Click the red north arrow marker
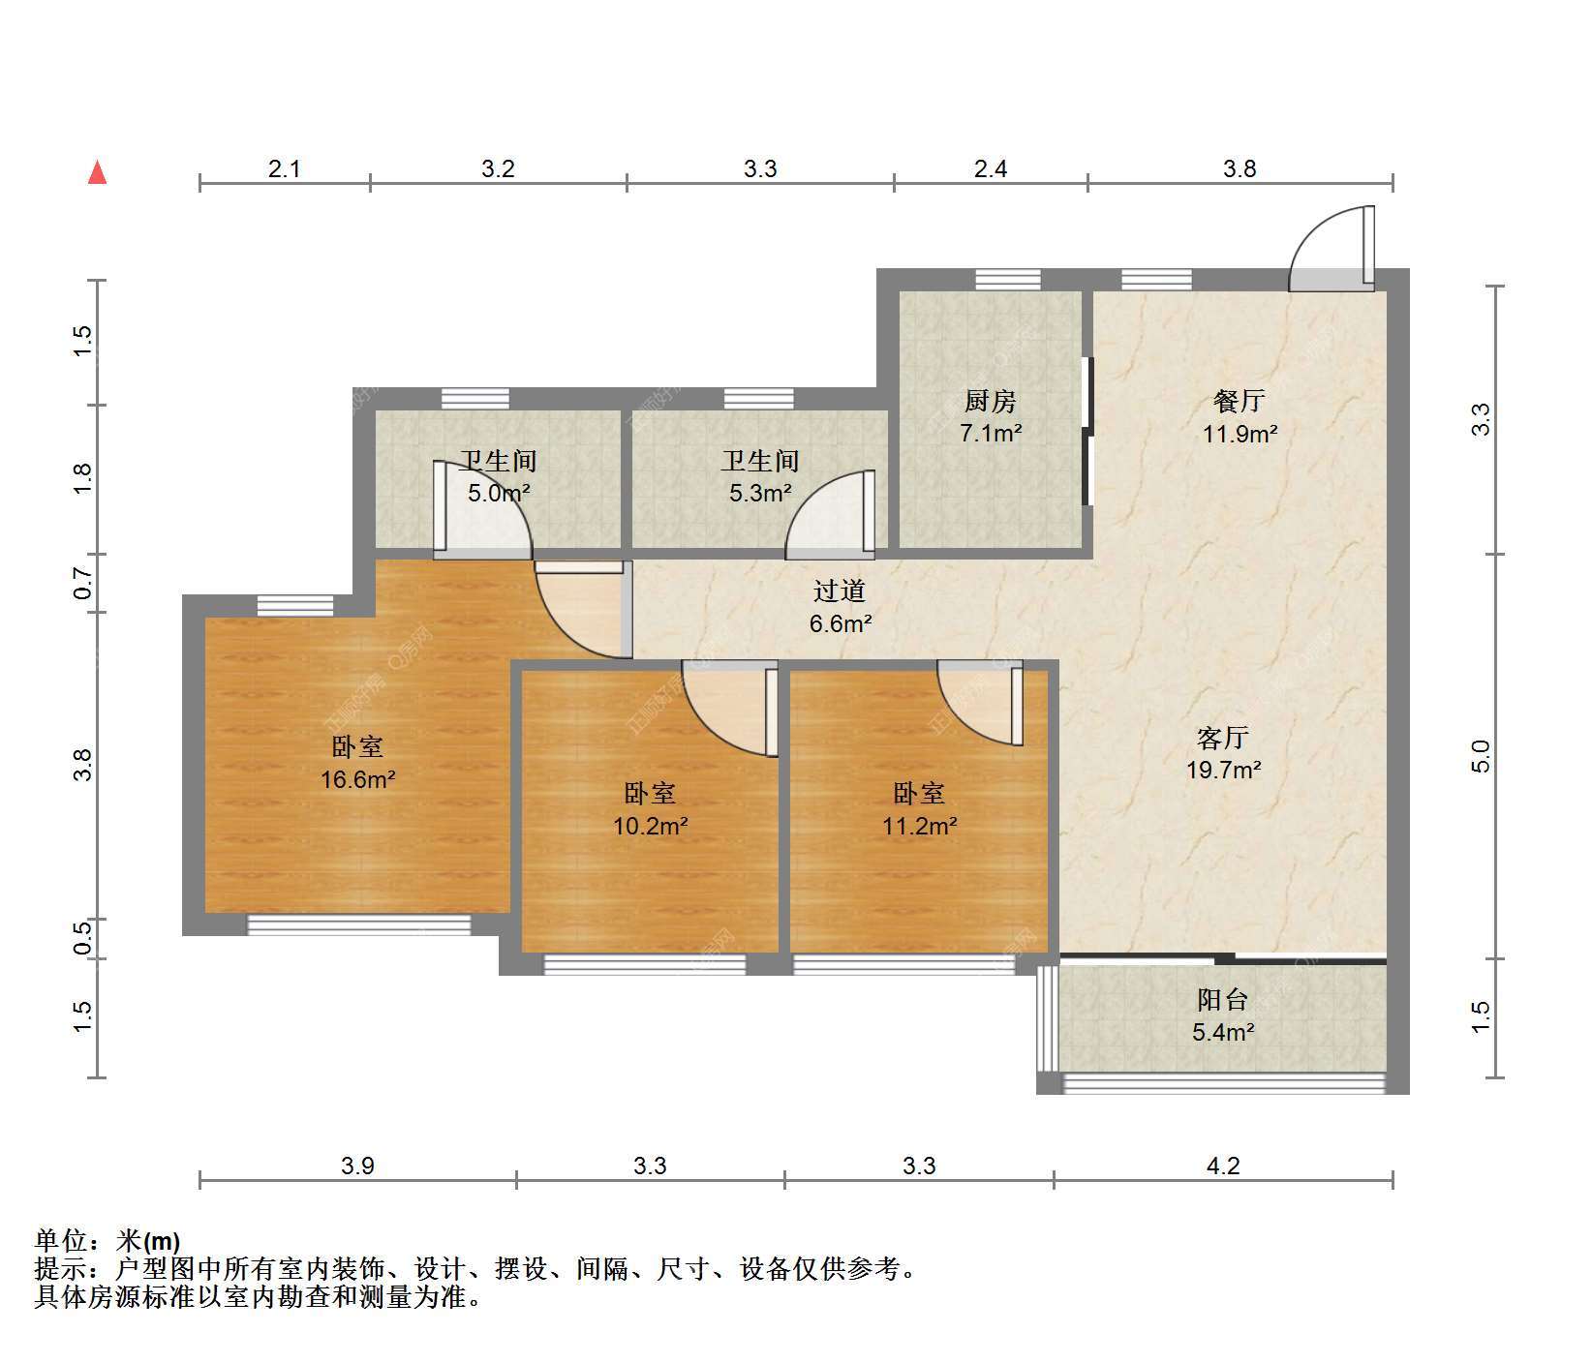pyautogui.click(x=97, y=172)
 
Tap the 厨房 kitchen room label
pyautogui.click(x=991, y=401)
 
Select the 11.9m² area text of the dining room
pyautogui.click(x=1240, y=434)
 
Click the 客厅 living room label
pyautogui.click(x=1223, y=739)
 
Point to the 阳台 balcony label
pyautogui.click(x=1223, y=1000)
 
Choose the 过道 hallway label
pyautogui.click(x=840, y=591)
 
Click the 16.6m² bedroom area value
pyautogui.click(x=358, y=779)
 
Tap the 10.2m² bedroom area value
pyautogui.click(x=651, y=826)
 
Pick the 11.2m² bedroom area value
pyautogui.click(x=920, y=826)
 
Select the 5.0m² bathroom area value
pyautogui.click(x=500, y=493)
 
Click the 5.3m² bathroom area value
pyautogui.click(x=761, y=493)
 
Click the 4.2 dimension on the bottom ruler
pyautogui.click(x=1223, y=1166)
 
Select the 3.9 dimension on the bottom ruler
pyautogui.click(x=357, y=1166)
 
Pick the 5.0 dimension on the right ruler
pyautogui.click(x=1481, y=756)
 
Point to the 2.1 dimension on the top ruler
pyautogui.click(x=284, y=169)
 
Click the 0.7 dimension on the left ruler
pyautogui.click(x=83, y=583)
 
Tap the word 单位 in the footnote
pyautogui.click(x=59, y=1241)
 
